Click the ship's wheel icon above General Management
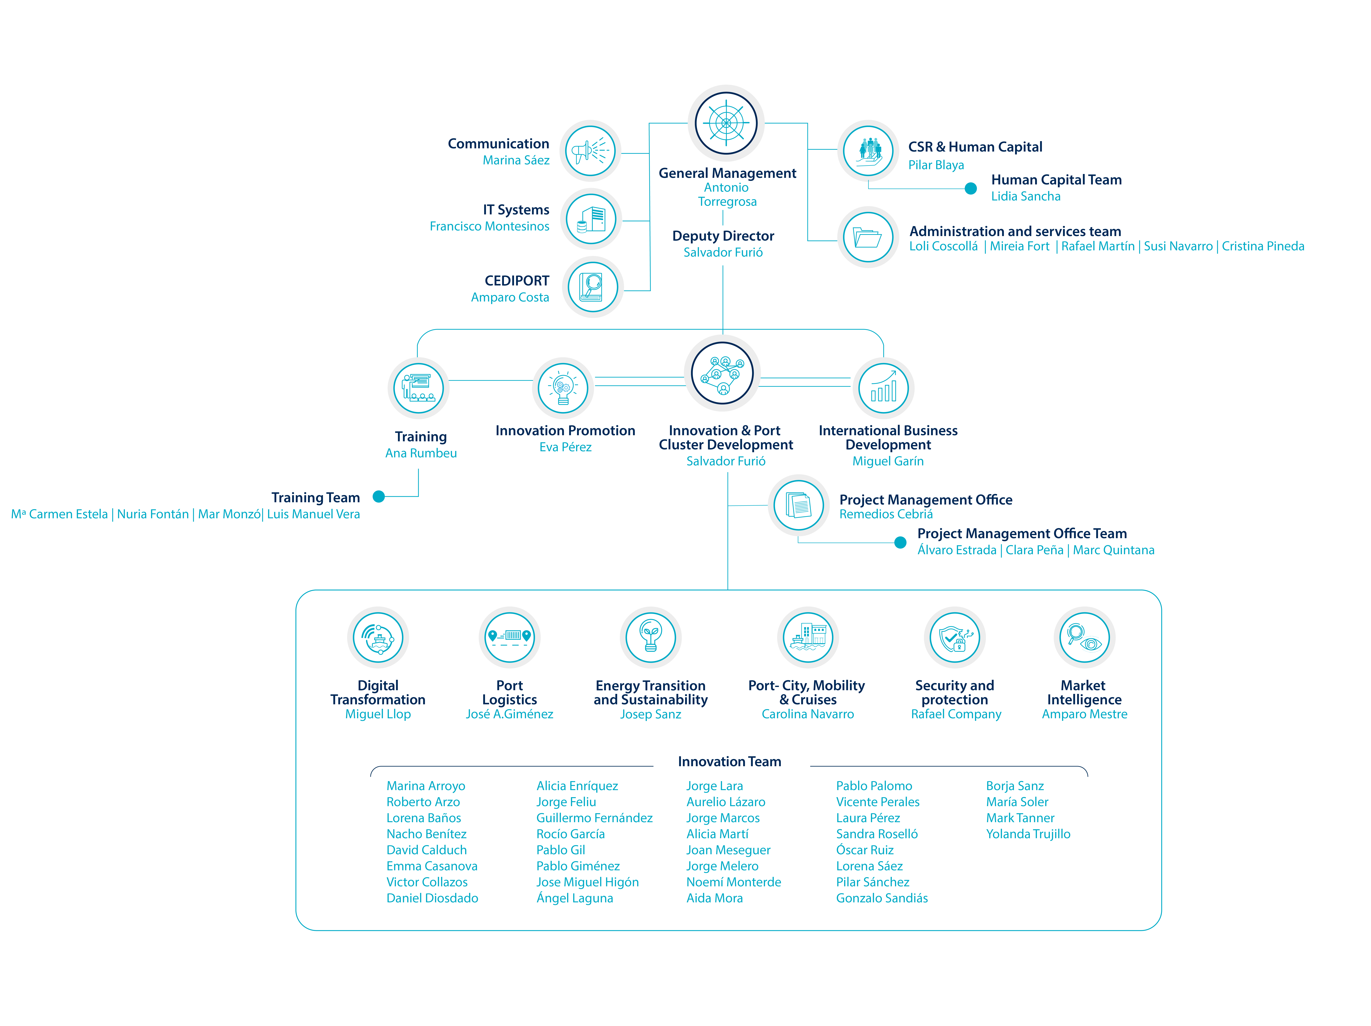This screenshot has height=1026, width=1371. pyautogui.click(x=726, y=123)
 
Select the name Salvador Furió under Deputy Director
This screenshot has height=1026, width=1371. pyautogui.click(x=723, y=252)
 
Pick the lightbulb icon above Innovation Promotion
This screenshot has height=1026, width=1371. pyautogui.click(x=563, y=388)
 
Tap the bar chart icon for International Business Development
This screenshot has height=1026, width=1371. pyautogui.click(x=883, y=388)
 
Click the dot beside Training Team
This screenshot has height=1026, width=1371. pyautogui.click(x=379, y=497)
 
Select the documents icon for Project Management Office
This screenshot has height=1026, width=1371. pyautogui.click(x=798, y=505)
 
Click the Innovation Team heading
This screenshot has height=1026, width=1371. pyautogui.click(x=730, y=761)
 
